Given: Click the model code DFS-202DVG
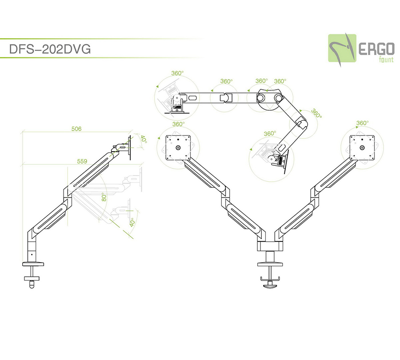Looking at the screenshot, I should [50, 49].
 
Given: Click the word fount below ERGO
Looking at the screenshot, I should [385, 59].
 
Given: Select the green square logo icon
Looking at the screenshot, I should [342, 48].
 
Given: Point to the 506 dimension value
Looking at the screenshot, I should [76, 129].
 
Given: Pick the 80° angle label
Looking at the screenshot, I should [104, 196].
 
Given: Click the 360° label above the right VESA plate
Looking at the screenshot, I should [362, 123].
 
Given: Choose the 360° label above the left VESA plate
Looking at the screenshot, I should [178, 124].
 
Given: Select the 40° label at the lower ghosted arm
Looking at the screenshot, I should [132, 222].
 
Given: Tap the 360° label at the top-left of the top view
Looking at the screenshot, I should [177, 73].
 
